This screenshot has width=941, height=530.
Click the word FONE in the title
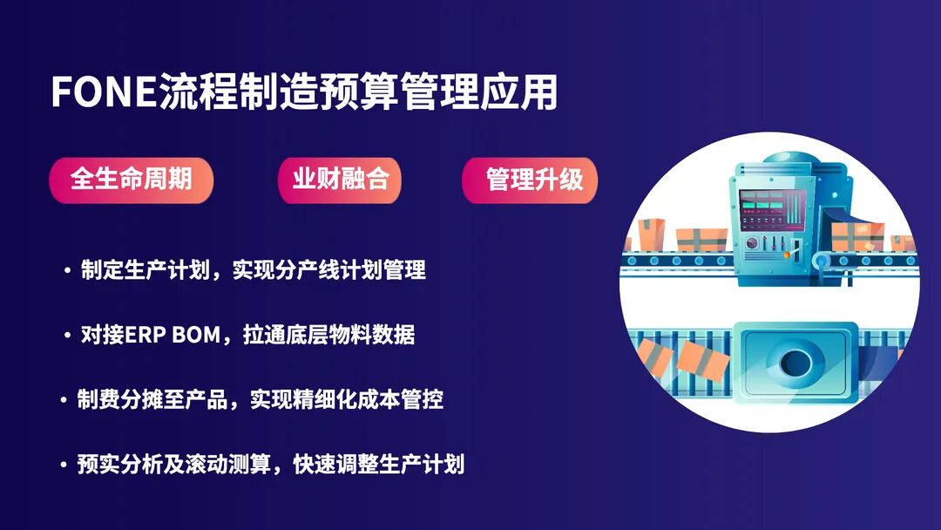[104, 92]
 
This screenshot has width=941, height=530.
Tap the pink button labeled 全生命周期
[131, 180]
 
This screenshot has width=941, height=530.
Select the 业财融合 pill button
[340, 180]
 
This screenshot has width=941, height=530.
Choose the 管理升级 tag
[529, 180]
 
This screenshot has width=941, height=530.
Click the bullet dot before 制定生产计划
[67, 271]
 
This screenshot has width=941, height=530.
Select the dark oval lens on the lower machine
[795, 363]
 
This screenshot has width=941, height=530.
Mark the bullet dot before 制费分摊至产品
[63, 400]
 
